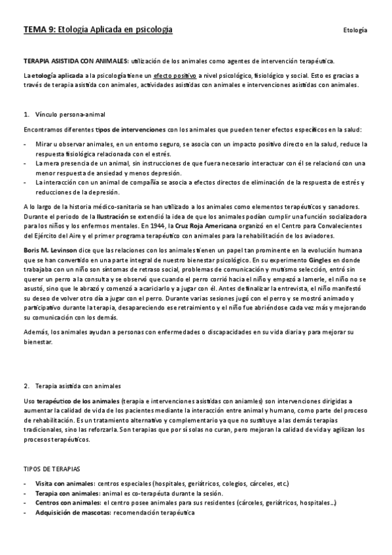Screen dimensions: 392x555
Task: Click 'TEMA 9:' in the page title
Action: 39,30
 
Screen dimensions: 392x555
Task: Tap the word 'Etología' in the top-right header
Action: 354,31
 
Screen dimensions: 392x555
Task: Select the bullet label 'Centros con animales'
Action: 68,502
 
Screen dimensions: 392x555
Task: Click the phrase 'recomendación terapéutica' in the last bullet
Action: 154,512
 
